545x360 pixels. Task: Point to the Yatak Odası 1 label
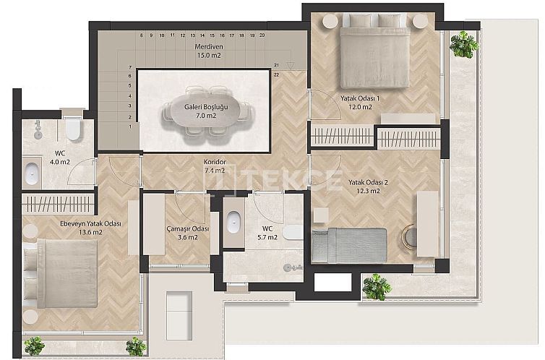point(360,98)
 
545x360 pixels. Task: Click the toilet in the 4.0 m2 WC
point(73,129)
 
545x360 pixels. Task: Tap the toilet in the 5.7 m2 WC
point(291,231)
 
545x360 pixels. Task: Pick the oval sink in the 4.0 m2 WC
point(33,174)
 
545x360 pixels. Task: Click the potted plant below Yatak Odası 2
point(375,287)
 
